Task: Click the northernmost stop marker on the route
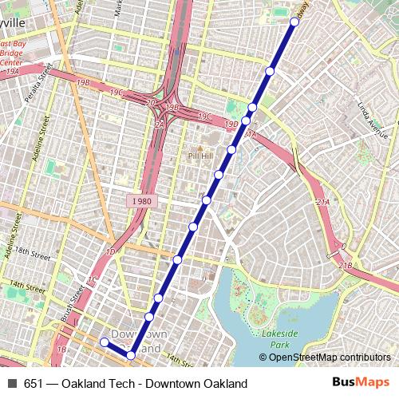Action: pos(294,22)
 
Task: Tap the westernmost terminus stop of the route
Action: pos(104,342)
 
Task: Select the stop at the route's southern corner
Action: pos(131,355)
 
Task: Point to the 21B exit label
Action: pos(345,265)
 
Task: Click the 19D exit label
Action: pos(231,124)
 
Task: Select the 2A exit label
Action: pos(159,124)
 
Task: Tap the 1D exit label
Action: pos(111,251)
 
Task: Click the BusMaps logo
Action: pos(360,383)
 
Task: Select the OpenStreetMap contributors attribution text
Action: pos(330,357)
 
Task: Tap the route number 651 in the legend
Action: pos(34,384)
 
